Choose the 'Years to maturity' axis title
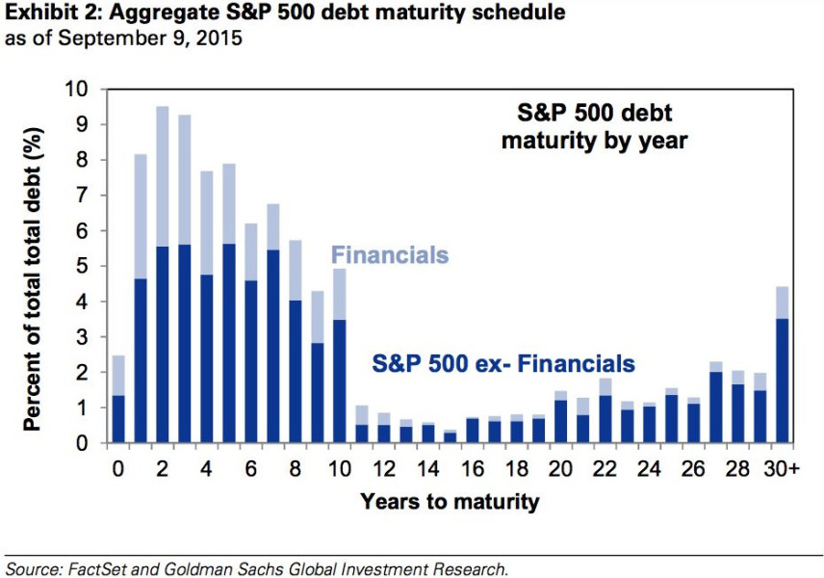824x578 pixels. [x=450, y=501]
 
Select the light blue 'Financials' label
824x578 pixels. [x=390, y=255]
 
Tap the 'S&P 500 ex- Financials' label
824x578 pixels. [x=502, y=364]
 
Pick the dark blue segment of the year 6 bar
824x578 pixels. [x=250, y=361]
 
